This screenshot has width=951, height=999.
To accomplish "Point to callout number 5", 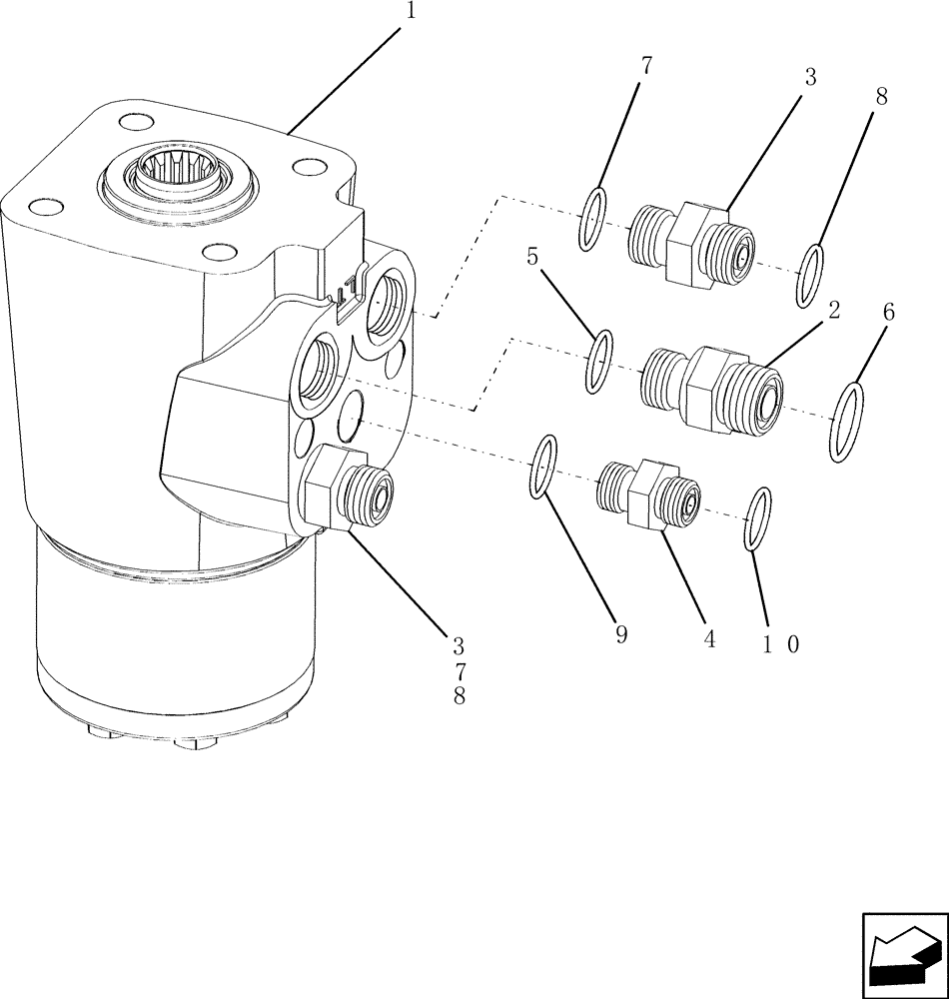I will point(532,258).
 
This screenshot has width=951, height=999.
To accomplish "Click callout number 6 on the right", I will point(888,313).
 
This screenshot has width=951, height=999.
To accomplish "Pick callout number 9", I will point(621,635).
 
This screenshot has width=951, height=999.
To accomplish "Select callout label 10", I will point(780,644).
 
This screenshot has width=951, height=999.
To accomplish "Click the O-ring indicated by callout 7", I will point(592,219).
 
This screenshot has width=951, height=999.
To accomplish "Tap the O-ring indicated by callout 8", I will point(810,276).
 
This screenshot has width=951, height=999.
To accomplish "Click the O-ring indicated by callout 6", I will point(847,422).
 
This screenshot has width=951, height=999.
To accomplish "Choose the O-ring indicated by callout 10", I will point(759,518).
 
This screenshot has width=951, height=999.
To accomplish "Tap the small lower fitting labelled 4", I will point(648,492).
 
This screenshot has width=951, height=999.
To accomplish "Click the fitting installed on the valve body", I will point(350,490).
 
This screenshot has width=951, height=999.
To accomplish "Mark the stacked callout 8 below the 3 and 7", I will point(459,697).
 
